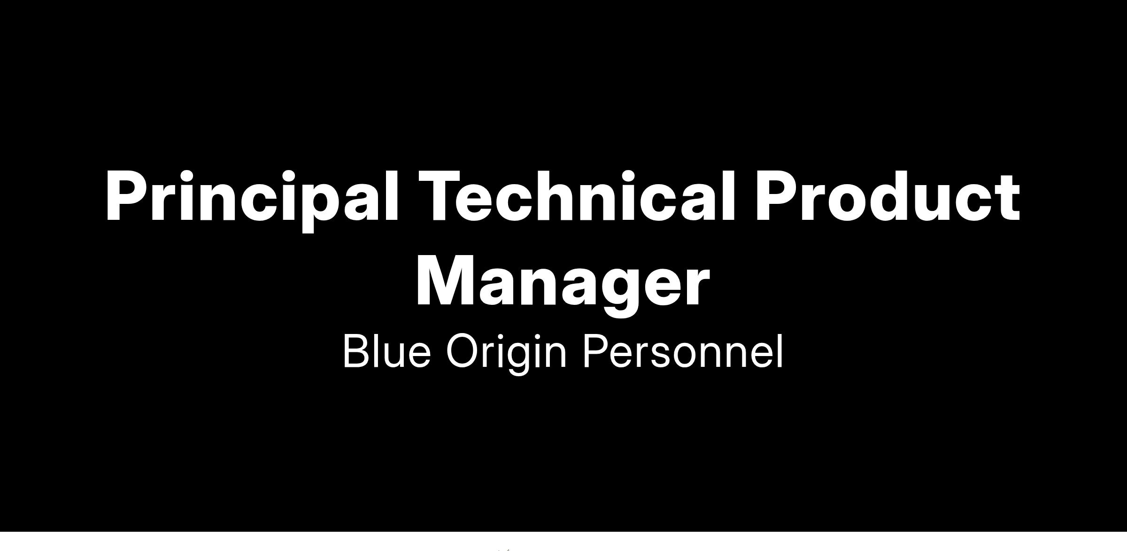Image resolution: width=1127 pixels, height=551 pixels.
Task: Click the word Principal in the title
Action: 253,197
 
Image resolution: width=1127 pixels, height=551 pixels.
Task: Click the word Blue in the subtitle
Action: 387,350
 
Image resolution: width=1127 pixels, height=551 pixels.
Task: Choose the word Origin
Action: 506,352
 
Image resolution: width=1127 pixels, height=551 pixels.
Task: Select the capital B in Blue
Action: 358,350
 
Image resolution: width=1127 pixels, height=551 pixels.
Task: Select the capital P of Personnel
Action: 596,350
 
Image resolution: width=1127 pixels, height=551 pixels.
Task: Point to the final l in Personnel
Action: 780,350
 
